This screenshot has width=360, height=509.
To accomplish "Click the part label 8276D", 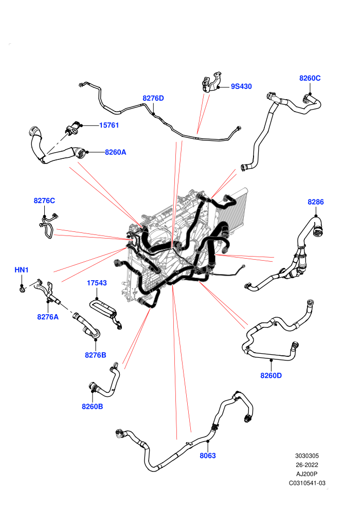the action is coord(153,98).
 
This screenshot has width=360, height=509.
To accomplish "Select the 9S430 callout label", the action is coord(241,86).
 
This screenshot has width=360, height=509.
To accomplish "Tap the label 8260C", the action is coord(310,78).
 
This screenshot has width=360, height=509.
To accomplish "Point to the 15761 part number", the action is coord(109,125).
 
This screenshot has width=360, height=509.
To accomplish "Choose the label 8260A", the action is coord(115,152).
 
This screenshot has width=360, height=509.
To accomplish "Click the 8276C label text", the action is coord(44,201).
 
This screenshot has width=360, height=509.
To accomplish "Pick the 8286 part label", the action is coord(316,202).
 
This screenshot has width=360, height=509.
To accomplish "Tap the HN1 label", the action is coord(22,270).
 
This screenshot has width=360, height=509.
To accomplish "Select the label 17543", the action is coord(97,283).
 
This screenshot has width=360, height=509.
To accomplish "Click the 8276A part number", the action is coord(48,317).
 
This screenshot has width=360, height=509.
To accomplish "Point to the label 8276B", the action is coord(96,355).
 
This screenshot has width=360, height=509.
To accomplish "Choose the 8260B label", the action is coord(92,406).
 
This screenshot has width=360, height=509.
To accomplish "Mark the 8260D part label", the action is coord(271,376).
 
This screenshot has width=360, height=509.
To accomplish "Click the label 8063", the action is coord(208,456).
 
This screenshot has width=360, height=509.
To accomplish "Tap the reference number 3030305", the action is coord(307,456).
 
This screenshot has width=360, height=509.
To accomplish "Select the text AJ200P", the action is coord(307,474).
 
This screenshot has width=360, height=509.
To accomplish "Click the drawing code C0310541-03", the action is coord(307,483).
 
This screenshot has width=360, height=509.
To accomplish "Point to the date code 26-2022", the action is coord(307,465).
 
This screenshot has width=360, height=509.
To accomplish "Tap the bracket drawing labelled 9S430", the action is coord(212,82).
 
